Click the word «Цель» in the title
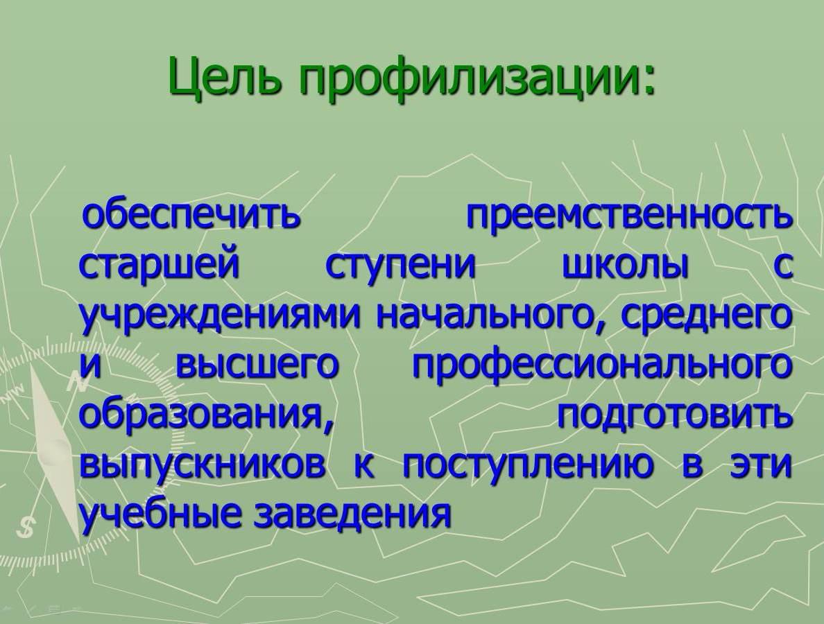tap(228, 77)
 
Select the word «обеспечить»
tap(191, 216)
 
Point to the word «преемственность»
tap(628, 216)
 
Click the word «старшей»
tap(160, 267)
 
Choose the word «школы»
tap(625, 266)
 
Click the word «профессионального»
tap(601, 367)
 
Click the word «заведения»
tap(352, 514)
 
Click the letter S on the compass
tap(25, 528)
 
